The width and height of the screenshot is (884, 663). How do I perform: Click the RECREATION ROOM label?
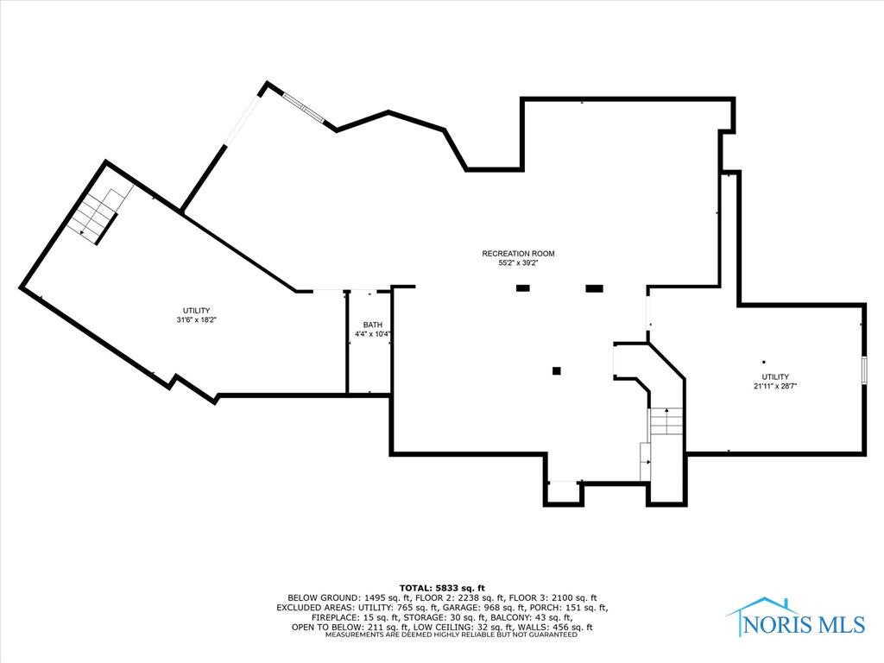pyautogui.click(x=518, y=254)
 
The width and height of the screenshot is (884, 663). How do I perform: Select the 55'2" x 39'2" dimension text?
pyautogui.click(x=518, y=264)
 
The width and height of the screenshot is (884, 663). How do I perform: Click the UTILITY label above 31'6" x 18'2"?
pyautogui.click(x=196, y=311)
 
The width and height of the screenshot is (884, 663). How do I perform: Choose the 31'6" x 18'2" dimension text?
pyautogui.click(x=196, y=320)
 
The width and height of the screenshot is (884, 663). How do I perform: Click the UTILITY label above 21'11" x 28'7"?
pyautogui.click(x=774, y=376)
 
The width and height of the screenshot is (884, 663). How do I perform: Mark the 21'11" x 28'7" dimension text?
pyautogui.click(x=774, y=387)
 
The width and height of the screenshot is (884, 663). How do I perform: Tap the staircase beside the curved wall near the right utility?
pyautogui.click(x=665, y=423)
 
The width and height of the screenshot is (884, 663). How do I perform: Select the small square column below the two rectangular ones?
pyautogui.click(x=557, y=371)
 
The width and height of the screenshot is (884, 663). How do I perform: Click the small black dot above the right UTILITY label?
pyautogui.click(x=763, y=362)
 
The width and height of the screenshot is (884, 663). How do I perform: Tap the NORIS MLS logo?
pyautogui.click(x=799, y=618)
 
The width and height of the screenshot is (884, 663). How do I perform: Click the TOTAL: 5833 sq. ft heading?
pyautogui.click(x=441, y=588)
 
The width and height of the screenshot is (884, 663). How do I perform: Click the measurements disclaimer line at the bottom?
pyautogui.click(x=441, y=635)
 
